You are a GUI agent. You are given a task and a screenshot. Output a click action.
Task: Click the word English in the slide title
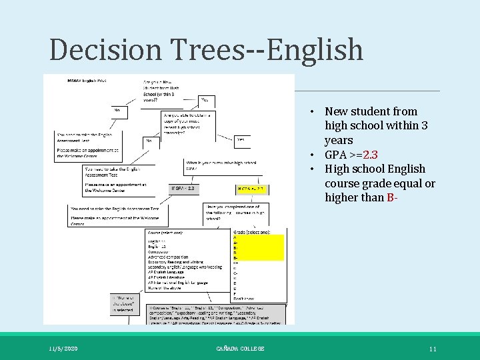pyautogui.click(x=307, y=51)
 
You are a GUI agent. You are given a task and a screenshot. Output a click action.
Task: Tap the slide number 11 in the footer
pyautogui.click(x=433, y=349)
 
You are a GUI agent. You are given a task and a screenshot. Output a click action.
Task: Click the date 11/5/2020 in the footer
pyautogui.click(x=63, y=349)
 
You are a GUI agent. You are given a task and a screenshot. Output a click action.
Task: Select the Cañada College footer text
pyautogui.click(x=240, y=349)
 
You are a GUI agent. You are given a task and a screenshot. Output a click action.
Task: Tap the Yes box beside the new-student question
pyautogui.click(x=206, y=101)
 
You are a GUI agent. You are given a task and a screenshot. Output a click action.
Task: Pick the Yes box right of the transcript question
pyautogui.click(x=241, y=140)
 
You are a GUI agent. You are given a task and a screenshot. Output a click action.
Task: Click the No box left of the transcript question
pyautogui.click(x=150, y=141)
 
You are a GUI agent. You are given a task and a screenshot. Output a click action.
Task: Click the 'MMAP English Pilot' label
pyautogui.click(x=87, y=81)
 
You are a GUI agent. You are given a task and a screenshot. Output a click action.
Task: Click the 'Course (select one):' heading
pyautogui.click(x=165, y=233)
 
